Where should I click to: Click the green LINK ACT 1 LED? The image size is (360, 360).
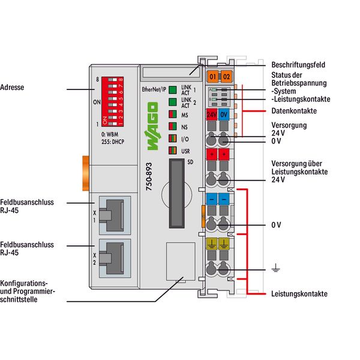[172, 91]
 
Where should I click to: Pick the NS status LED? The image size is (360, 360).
[172, 127]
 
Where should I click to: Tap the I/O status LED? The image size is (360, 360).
[172, 139]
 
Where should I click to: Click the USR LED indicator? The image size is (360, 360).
[172, 151]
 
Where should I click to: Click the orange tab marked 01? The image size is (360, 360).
[212, 77]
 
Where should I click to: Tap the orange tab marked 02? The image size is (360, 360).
[226, 77]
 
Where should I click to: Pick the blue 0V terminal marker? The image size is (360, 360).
[223, 114]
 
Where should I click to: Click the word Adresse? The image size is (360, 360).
[13, 88]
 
